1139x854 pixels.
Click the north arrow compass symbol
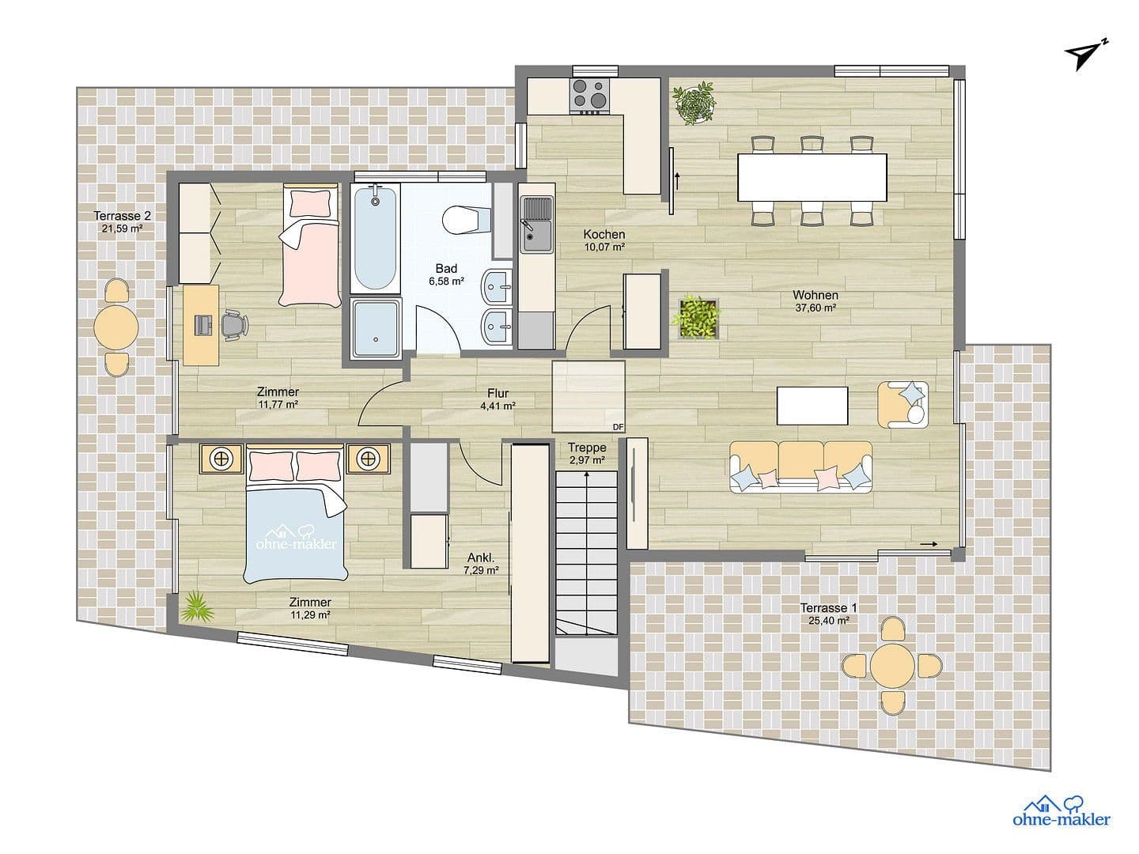(x=1086, y=54)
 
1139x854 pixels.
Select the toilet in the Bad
(x=462, y=219)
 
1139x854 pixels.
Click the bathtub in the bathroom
(x=375, y=237)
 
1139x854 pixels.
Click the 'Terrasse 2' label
(x=122, y=215)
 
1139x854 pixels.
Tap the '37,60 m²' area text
(x=815, y=308)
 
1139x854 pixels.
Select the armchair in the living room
(x=902, y=404)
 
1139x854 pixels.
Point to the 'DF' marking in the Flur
(x=618, y=427)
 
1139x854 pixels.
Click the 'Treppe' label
(x=587, y=448)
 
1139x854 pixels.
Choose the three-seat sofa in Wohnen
(x=800, y=467)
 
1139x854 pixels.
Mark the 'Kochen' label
(x=604, y=234)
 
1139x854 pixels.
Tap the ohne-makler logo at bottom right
(x=1061, y=812)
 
